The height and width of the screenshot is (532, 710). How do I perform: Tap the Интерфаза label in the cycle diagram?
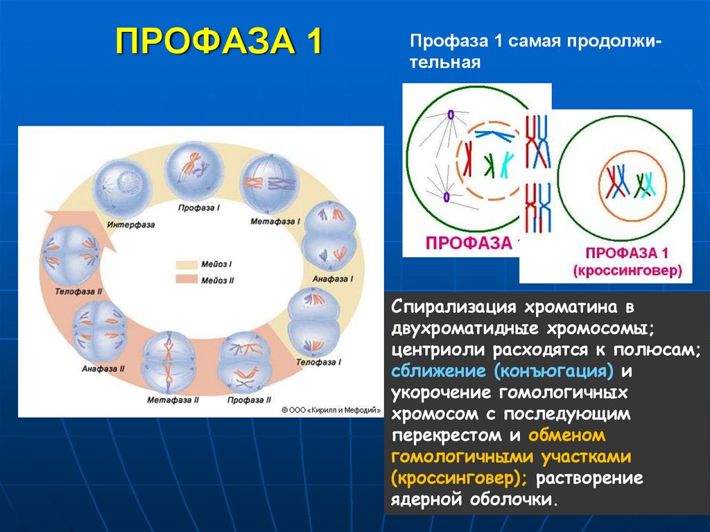click(x=131, y=225)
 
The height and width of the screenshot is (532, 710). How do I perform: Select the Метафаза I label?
click(x=275, y=222)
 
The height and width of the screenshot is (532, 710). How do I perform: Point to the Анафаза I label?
click(x=334, y=278)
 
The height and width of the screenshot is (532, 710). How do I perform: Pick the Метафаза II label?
click(x=173, y=400)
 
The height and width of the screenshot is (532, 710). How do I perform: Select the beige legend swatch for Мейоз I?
click(x=186, y=265)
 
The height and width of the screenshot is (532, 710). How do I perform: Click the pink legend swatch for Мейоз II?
click(x=186, y=280)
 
